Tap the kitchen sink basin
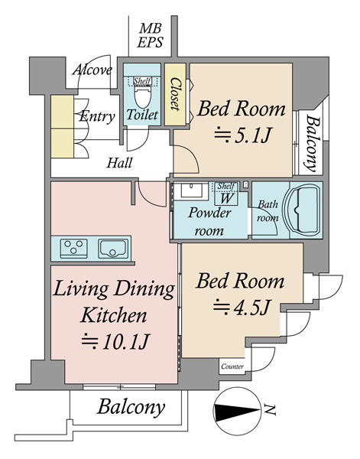coord(113,249)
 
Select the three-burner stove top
coord(73,249)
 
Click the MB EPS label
coord(150,36)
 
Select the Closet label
coord(175,94)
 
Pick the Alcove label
coord(92,70)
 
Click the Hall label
coord(119,163)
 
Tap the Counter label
coord(232,366)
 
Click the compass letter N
coord(270,409)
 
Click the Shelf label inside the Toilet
coord(142,81)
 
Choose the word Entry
coord(97,116)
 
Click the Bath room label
coord(268,211)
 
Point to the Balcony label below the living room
coord(131,407)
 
